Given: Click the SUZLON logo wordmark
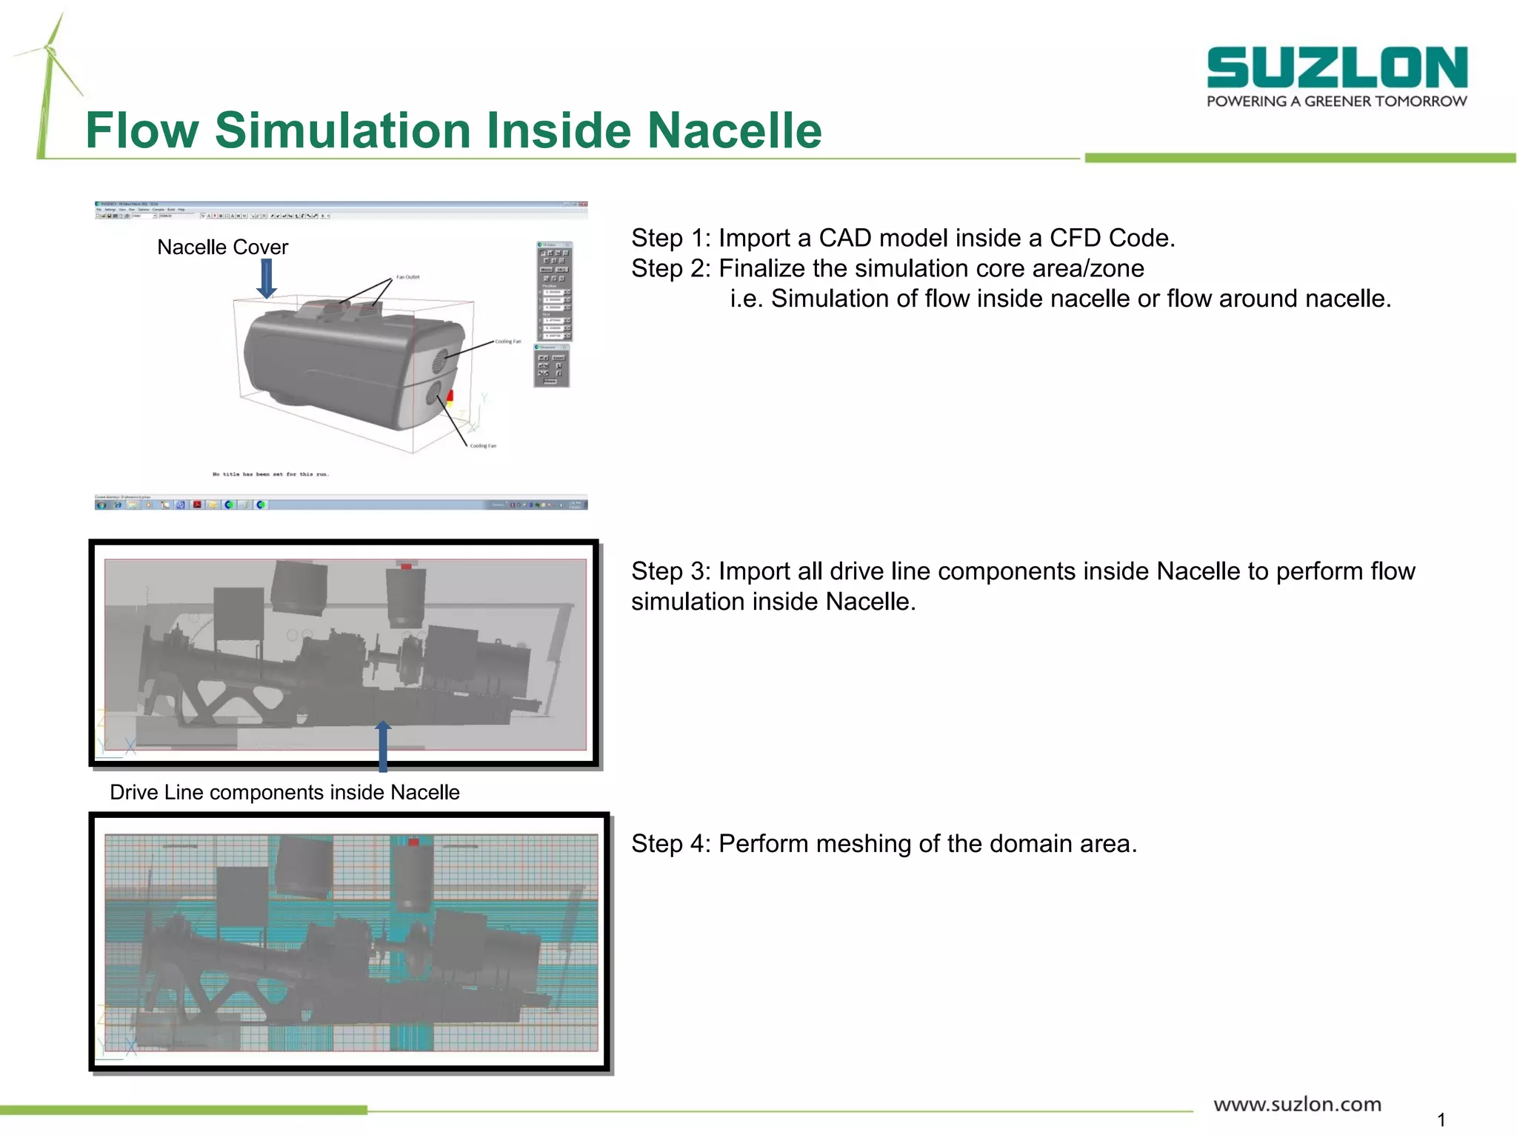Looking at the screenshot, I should point(1336,67).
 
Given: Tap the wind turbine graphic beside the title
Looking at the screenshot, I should point(49,81).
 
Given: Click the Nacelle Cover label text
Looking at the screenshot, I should point(222,247).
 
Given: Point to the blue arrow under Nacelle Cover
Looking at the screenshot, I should point(266,279).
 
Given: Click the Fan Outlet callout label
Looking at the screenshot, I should point(407,277).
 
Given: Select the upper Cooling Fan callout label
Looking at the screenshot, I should point(508,342).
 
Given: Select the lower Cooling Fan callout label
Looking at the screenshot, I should point(483,446).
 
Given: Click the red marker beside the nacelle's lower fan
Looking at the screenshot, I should point(450,399).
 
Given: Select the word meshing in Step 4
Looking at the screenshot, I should point(863,844).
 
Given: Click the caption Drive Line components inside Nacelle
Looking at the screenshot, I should point(284,793).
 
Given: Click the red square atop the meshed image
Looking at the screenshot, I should point(413,842).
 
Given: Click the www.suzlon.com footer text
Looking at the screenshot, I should point(1297,1105).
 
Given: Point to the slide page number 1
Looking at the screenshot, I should point(1441,1119).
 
